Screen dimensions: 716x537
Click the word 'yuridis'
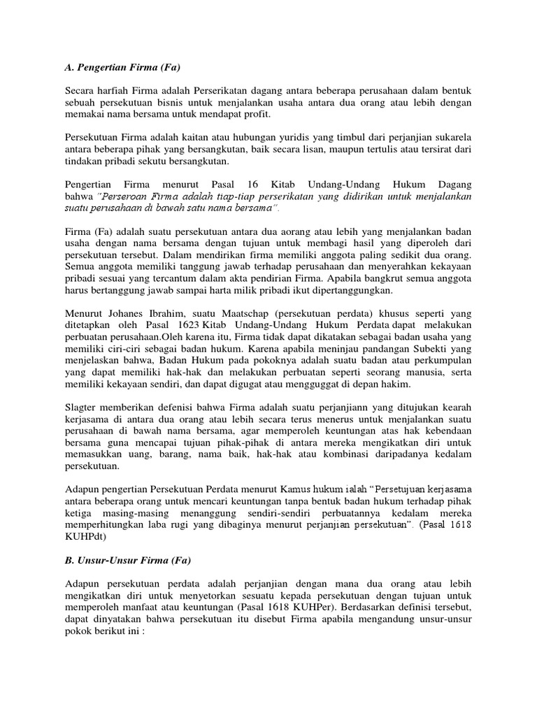click(298, 137)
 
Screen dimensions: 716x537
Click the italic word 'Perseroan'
click(128, 196)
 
